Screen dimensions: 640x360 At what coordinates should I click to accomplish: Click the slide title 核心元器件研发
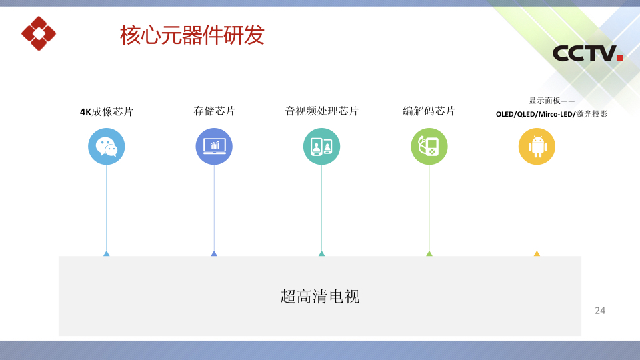tap(192, 35)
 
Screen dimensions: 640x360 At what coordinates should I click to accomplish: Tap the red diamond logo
tap(39, 33)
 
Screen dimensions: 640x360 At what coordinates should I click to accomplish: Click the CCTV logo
tap(587, 53)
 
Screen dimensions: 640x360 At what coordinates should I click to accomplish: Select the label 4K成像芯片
tap(107, 112)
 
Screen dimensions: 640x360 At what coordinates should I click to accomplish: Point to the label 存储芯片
tap(214, 111)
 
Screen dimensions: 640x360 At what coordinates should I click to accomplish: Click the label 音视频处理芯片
tap(321, 111)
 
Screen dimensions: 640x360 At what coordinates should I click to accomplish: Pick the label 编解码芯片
tap(429, 111)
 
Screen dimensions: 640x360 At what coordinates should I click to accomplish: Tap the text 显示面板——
tap(552, 101)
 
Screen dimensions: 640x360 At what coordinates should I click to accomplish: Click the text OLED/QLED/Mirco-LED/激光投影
tap(552, 114)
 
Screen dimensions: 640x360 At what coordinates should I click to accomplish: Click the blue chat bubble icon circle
tap(107, 147)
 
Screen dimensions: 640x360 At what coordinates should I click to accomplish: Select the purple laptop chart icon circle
tap(214, 147)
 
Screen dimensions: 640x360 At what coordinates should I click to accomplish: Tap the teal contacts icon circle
tap(321, 147)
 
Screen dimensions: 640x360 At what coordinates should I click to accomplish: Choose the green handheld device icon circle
tap(429, 147)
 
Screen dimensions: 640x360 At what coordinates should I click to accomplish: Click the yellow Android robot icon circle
tap(537, 147)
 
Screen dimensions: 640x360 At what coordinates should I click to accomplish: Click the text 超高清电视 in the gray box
tap(319, 296)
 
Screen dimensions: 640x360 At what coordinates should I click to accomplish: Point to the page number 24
tap(600, 311)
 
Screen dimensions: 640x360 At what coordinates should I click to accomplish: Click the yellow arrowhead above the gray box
tap(537, 254)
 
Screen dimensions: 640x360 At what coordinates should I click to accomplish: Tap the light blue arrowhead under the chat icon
tap(107, 254)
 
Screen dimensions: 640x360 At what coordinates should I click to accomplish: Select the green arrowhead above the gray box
tap(429, 254)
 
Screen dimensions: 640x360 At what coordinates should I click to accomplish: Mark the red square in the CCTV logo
tap(619, 57)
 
